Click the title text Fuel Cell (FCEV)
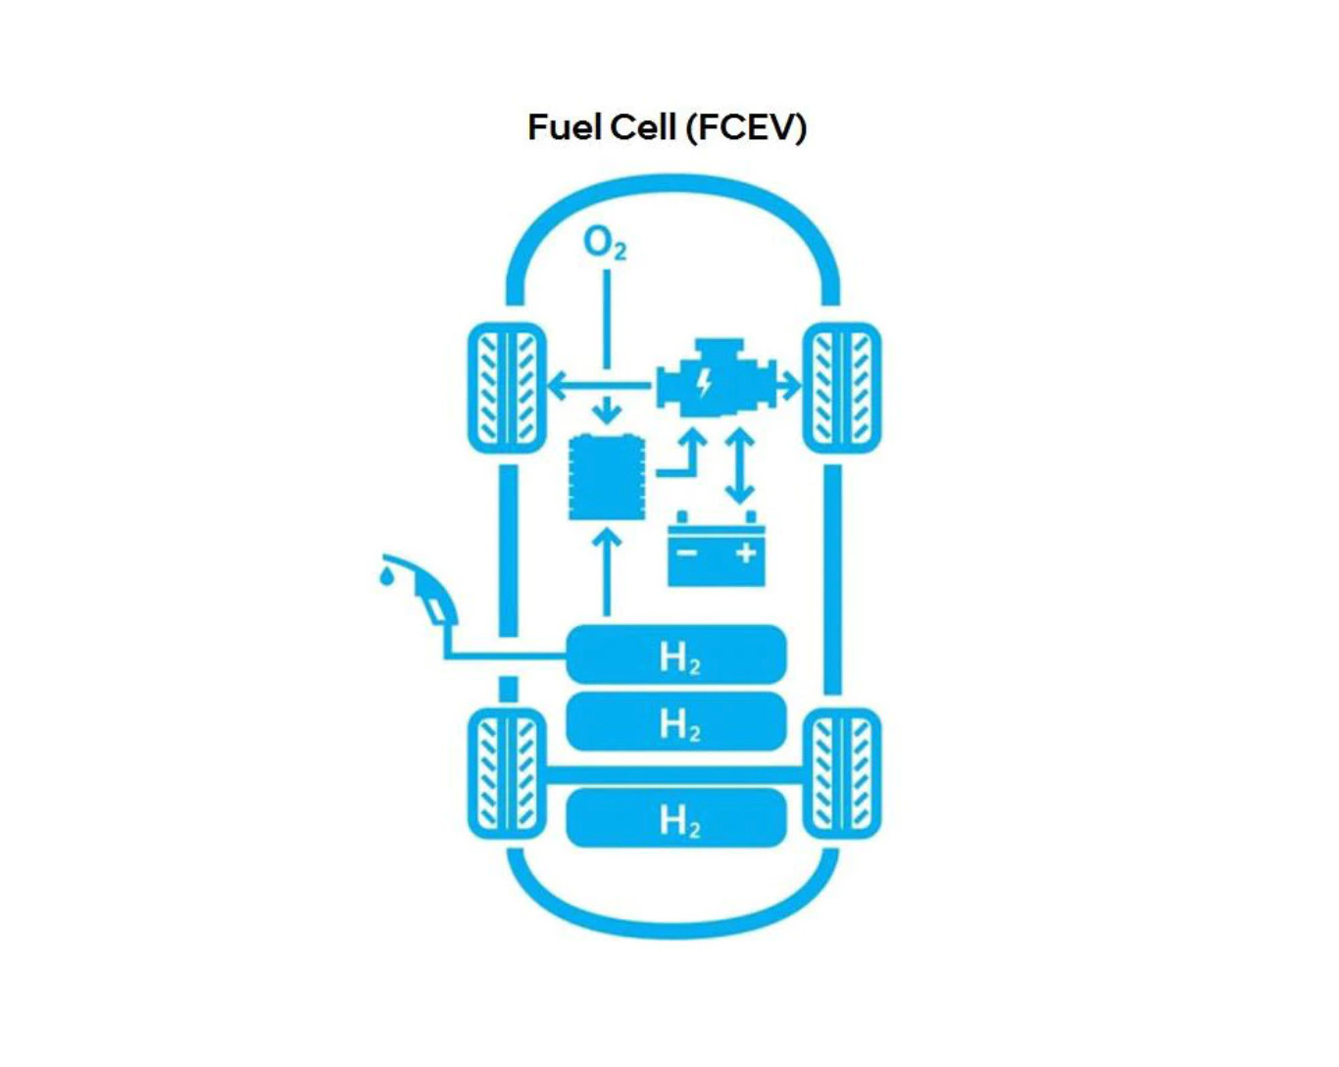point(667,127)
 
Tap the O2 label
point(604,243)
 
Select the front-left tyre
point(507,388)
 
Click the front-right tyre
point(842,388)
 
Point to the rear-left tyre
point(507,774)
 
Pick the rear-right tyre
point(842,774)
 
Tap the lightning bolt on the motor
point(703,383)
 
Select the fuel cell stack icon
point(608,478)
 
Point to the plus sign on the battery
point(746,554)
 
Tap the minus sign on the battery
point(687,554)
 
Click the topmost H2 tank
point(676,655)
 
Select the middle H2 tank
point(676,722)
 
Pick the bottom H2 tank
point(676,819)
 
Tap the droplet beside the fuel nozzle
point(388,575)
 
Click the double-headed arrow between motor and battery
point(740,466)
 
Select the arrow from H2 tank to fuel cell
point(608,573)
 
